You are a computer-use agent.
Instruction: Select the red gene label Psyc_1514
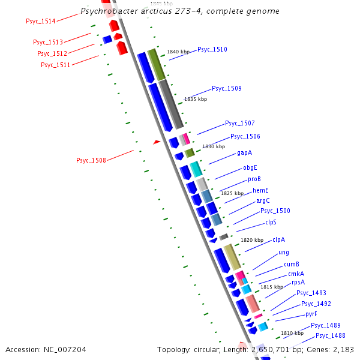coord(41,22)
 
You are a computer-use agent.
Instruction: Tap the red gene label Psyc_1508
coord(91,160)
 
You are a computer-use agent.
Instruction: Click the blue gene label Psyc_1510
coord(212,49)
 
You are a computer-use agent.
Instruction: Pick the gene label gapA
coord(244,152)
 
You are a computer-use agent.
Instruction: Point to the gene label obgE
coord(250,167)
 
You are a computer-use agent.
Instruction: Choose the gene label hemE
coord(260,190)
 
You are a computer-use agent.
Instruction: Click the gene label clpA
coord(278,239)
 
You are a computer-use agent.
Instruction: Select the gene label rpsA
coord(298,282)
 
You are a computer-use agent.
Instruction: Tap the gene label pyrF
coord(311,314)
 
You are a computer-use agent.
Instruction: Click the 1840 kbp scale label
coord(178,52)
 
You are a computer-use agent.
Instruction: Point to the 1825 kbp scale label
coord(232,193)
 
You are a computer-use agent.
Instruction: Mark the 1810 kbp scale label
coord(292,333)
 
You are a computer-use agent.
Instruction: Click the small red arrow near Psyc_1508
coord(157,142)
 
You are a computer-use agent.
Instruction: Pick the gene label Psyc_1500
coord(275,211)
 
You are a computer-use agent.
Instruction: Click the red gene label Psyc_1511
coord(56,65)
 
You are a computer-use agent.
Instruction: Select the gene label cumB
coord(292,264)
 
